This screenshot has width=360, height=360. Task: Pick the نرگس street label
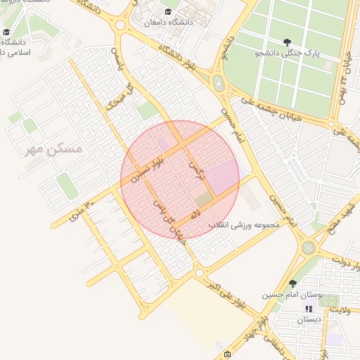point(195,168)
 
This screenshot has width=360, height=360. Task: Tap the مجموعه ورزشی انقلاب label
point(243,225)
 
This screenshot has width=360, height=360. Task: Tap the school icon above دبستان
point(308,309)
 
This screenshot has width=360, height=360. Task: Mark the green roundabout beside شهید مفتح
point(309,247)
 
